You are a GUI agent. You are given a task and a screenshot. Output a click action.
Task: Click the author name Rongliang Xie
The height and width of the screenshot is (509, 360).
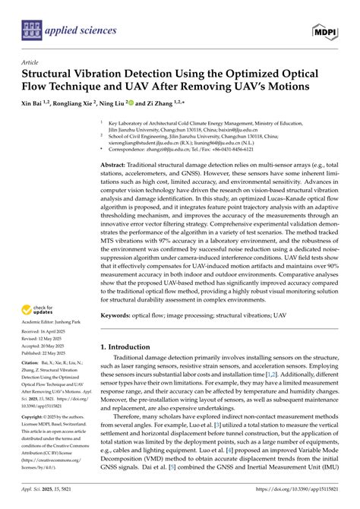click(81, 101)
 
